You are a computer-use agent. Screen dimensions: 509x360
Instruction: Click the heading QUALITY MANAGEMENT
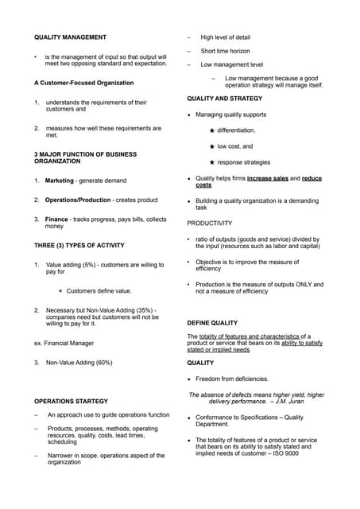pos(70,37)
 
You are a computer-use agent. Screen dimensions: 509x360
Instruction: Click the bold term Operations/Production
pos(80,200)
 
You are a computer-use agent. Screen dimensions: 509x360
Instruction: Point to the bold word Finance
pos(58,219)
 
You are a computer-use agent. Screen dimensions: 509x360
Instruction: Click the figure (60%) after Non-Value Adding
pos(100,363)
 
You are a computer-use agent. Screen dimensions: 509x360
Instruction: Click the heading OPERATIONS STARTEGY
pos(71,401)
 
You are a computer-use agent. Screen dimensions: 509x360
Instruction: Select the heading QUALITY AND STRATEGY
pos(224,98)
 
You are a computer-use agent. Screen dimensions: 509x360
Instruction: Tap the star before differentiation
pos(211,130)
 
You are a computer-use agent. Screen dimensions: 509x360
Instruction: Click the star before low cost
pos(211,146)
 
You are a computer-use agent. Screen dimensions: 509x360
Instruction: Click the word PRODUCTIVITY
pos(210,223)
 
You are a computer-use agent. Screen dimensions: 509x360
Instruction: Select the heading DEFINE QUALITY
pos(212,323)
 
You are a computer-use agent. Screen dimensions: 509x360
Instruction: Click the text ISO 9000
pos(303,453)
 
